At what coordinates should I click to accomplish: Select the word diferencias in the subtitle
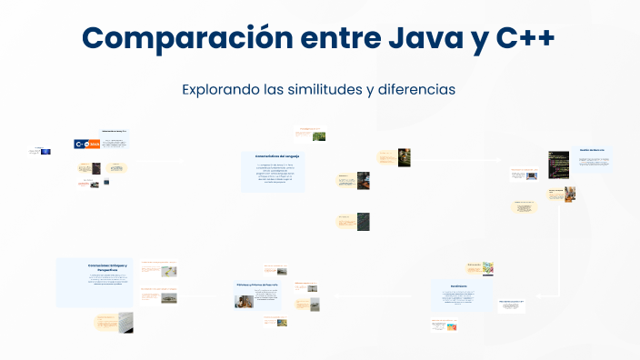tap(420, 90)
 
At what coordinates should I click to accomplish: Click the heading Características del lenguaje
tap(277, 156)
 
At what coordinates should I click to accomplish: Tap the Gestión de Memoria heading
tap(592, 149)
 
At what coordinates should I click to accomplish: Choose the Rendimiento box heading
tap(462, 285)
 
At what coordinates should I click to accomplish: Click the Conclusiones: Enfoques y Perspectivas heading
tap(108, 267)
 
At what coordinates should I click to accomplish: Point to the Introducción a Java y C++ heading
tap(115, 131)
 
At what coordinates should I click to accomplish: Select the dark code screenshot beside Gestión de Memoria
tap(558, 161)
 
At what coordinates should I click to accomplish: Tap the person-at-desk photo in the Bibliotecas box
tap(244, 300)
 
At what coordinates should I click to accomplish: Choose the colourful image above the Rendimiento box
tap(486, 268)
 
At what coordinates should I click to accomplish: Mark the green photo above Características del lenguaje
tap(319, 136)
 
